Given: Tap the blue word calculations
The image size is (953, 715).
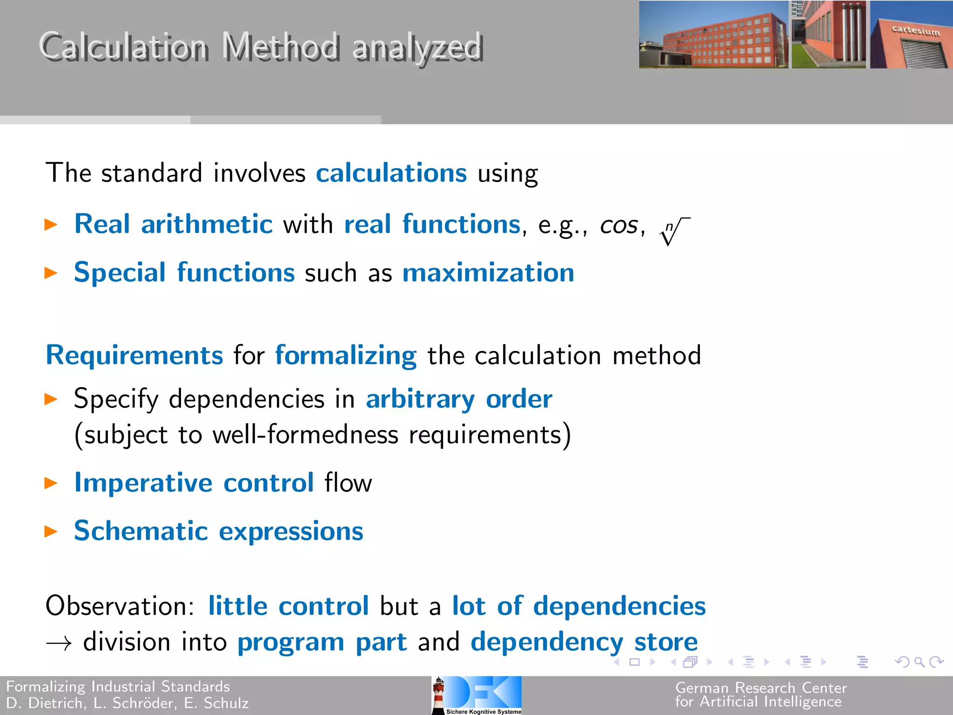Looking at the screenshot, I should point(391,173).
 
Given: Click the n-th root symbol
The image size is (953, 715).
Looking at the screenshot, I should point(674,230).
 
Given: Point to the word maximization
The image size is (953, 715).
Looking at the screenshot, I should point(488,273).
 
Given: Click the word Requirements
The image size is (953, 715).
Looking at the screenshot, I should point(134,356).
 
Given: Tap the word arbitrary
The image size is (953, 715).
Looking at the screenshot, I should point(420,400).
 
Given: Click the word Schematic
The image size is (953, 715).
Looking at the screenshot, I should point(141,531).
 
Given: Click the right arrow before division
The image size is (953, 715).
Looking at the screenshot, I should point(59,644).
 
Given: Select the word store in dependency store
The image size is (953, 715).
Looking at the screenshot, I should point(666,642).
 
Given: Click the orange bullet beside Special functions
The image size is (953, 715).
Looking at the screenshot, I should point(50,273).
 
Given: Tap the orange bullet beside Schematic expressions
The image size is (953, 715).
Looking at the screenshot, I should point(50,531).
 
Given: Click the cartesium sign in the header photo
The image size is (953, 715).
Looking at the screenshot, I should point(915,31).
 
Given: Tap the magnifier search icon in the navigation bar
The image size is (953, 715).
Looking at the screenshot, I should point(919,661).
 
